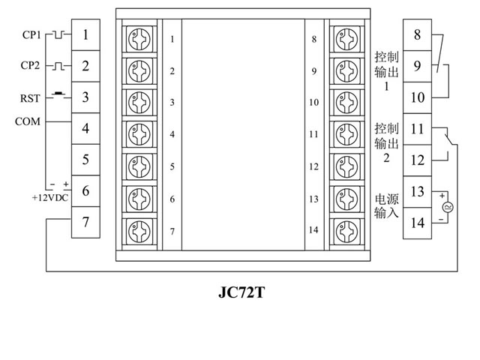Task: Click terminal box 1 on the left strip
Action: [x=86, y=34]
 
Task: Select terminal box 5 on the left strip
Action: [x=86, y=160]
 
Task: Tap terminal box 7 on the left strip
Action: [x=86, y=223]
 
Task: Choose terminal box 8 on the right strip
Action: [x=418, y=34]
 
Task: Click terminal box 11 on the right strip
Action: [x=418, y=128]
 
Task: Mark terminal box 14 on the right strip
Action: [x=418, y=223]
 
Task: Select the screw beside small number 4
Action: [x=139, y=134]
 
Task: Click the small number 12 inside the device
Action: [x=313, y=166]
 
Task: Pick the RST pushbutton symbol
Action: [x=58, y=95]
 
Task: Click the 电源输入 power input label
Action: [x=387, y=207]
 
